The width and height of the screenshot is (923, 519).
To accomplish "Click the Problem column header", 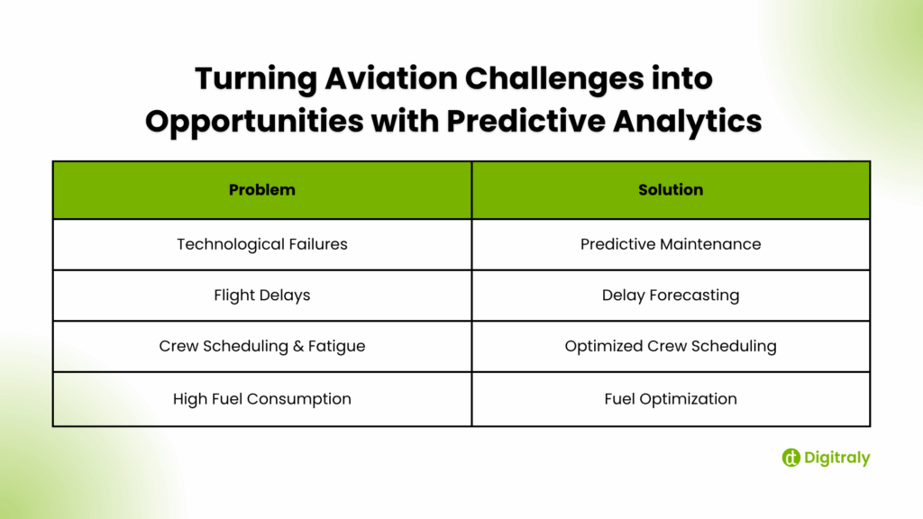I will point(261,190).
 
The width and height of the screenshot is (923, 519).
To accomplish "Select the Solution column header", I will point(671,190).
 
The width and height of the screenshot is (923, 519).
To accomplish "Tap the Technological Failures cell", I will point(261,244).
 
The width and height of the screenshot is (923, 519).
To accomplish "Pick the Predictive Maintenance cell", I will point(671,244).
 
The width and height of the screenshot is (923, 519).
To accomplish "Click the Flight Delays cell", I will point(261,296).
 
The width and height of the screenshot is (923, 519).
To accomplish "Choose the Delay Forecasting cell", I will point(671,296).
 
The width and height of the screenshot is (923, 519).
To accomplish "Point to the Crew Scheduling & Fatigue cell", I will point(261,347).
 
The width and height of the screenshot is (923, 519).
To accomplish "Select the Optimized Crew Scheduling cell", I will point(671,347).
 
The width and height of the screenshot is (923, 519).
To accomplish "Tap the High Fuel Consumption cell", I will point(261,399).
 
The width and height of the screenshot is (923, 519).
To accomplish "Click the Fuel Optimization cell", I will point(671,399).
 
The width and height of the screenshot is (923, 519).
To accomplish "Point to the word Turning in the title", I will point(252,79).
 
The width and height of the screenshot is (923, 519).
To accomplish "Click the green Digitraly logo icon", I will point(790,458).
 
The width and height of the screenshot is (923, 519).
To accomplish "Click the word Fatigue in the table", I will point(335,347).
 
